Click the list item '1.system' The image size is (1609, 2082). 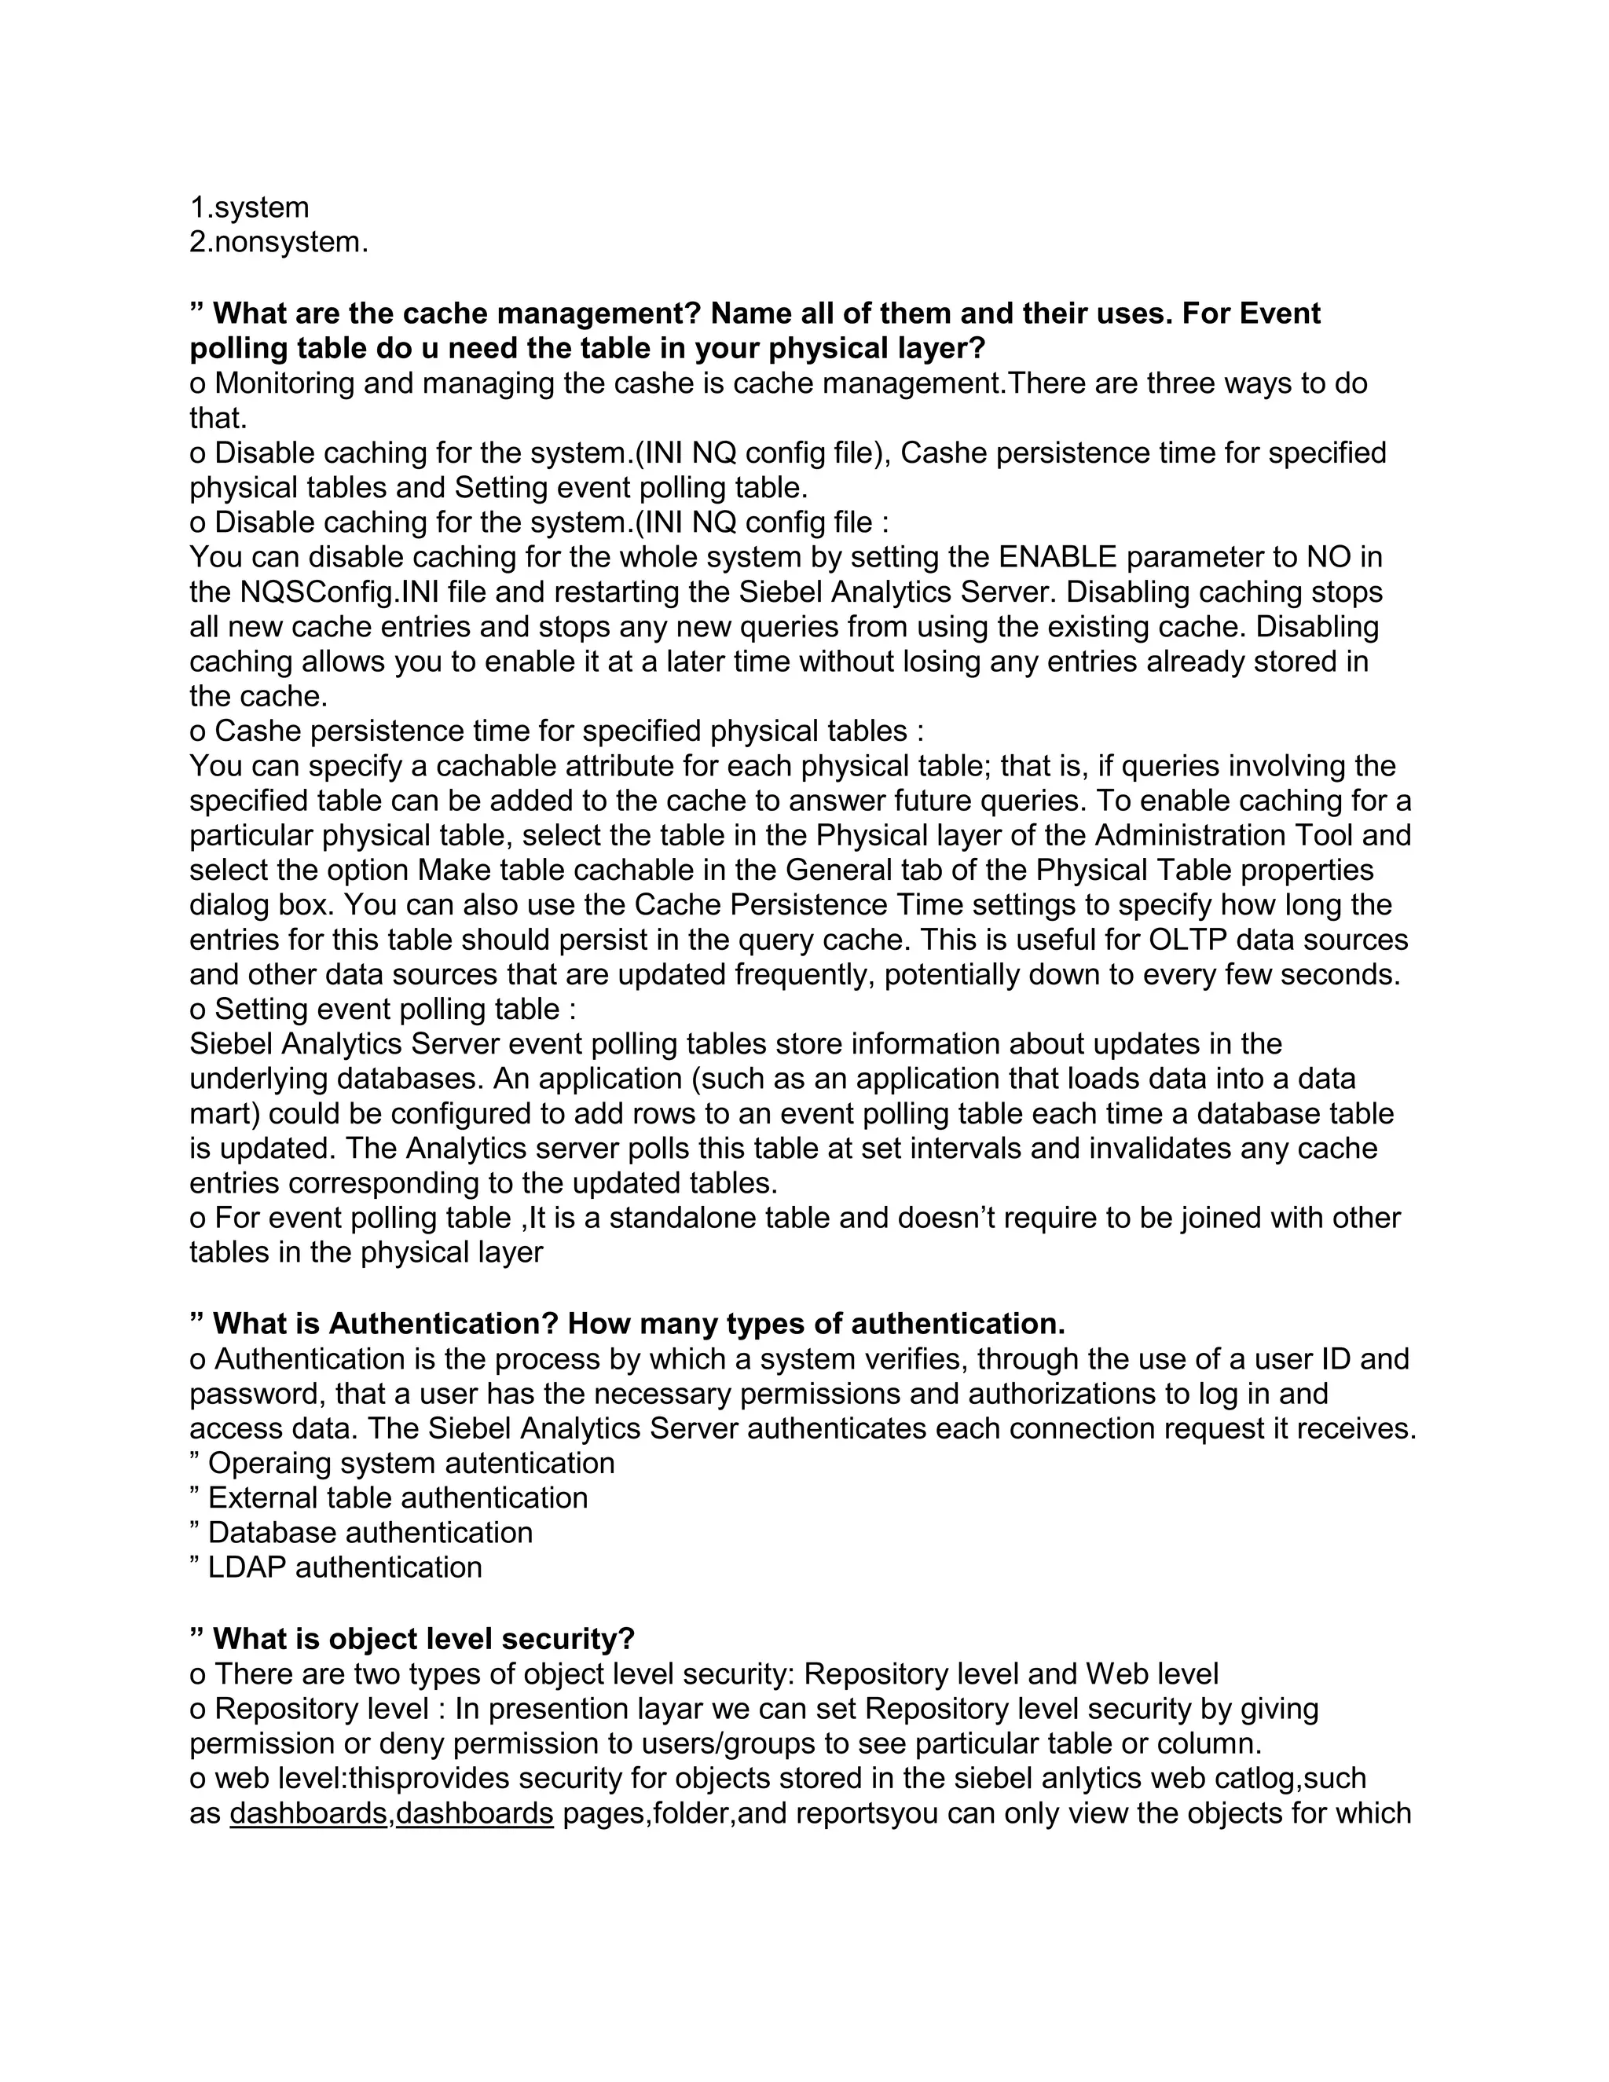250,208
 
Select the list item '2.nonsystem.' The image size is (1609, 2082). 278,242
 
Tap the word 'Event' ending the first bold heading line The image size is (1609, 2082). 1280,313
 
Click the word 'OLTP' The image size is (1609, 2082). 1189,940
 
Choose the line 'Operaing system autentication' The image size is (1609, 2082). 411,1464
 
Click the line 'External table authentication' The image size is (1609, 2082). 398,1497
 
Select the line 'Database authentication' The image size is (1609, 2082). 370,1533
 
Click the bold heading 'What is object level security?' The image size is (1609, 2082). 423,1639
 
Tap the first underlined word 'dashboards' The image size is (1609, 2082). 309,1813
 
